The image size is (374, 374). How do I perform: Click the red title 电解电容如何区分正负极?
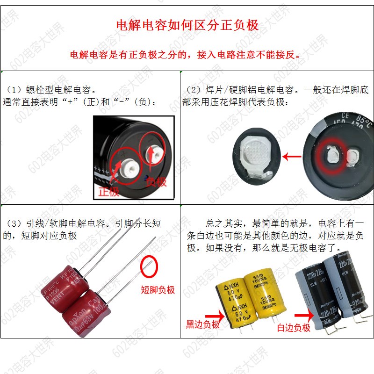click(187, 25)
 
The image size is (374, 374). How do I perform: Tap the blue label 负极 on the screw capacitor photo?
click(156, 182)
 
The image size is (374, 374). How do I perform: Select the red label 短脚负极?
click(158, 290)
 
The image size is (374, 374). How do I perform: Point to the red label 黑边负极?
click(202, 324)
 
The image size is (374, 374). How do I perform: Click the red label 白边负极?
click(294, 328)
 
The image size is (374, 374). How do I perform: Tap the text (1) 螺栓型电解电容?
click(51, 89)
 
